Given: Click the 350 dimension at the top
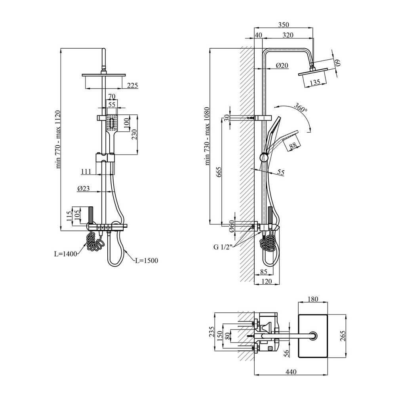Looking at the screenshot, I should click(284, 25).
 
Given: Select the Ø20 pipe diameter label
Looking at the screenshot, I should click(282, 65).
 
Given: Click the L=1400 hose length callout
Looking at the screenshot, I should click(65, 254).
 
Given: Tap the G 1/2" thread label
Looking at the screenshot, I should click(223, 247).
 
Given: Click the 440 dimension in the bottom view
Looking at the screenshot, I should click(291, 372).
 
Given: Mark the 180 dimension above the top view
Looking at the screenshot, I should click(313, 299).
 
